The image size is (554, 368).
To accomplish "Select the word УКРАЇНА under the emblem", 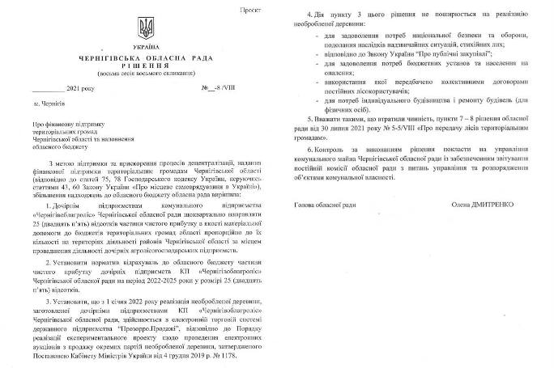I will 147,50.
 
